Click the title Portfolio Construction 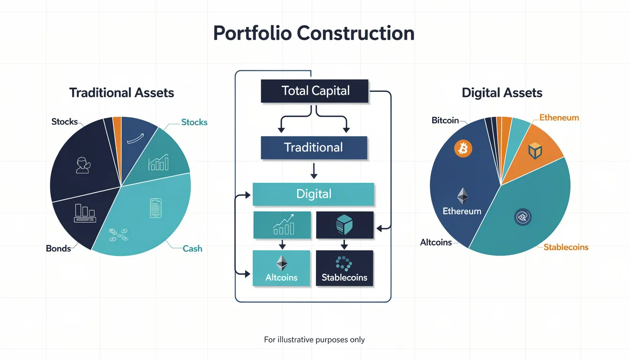314,34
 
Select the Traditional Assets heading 121,93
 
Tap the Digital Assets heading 502,93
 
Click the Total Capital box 315,91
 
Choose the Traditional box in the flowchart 314,148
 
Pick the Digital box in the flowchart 314,194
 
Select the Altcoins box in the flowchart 281,268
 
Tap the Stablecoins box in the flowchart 345,268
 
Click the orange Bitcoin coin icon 463,149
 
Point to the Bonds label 59,248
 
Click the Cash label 192,248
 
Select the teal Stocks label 194,122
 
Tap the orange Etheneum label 559,118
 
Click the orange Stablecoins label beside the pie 566,247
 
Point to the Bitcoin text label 445,120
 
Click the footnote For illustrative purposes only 314,339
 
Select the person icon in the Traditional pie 82,165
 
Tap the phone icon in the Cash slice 156,208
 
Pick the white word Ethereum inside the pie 462,211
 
